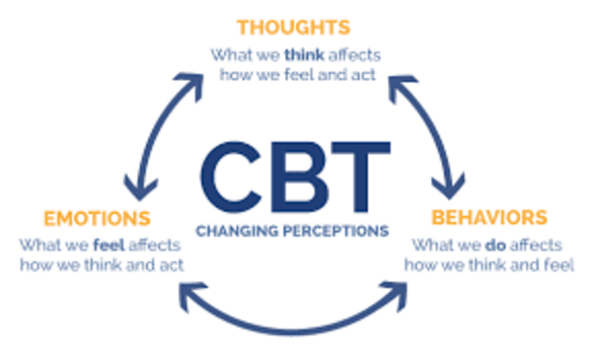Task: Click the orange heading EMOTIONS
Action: [96, 219]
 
